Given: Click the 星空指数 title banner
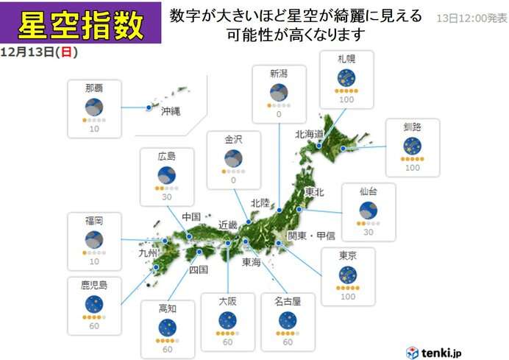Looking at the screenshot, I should click(x=80, y=23).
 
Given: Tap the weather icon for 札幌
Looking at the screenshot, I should click(x=346, y=77).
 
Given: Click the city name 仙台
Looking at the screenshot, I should click(x=369, y=191).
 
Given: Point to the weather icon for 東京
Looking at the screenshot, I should click(x=347, y=275).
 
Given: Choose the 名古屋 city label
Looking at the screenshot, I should click(x=288, y=301).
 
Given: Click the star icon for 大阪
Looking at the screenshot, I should click(x=227, y=320).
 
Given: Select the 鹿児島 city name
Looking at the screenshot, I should click(x=93, y=283).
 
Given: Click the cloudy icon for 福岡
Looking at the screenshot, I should click(x=93, y=239).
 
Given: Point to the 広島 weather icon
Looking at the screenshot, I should click(x=167, y=175).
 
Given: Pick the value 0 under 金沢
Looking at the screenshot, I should click(x=233, y=180).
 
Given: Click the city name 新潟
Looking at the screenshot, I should click(x=278, y=74).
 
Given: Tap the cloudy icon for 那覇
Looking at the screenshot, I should click(x=93, y=107).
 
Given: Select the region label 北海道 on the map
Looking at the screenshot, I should click(x=309, y=134).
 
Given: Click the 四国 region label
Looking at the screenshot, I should click(x=199, y=269).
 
